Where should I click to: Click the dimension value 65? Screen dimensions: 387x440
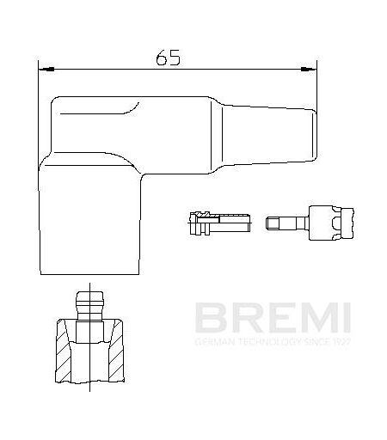[x=169, y=58]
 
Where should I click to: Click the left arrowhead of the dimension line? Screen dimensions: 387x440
[x=46, y=70]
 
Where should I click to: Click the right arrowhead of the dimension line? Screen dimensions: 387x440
[x=309, y=69]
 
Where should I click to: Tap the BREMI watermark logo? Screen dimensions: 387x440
[x=273, y=317]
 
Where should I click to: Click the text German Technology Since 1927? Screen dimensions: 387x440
[x=273, y=341]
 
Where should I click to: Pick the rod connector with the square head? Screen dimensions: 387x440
[x=310, y=223]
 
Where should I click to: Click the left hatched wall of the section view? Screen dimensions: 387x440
[x=64, y=351]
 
